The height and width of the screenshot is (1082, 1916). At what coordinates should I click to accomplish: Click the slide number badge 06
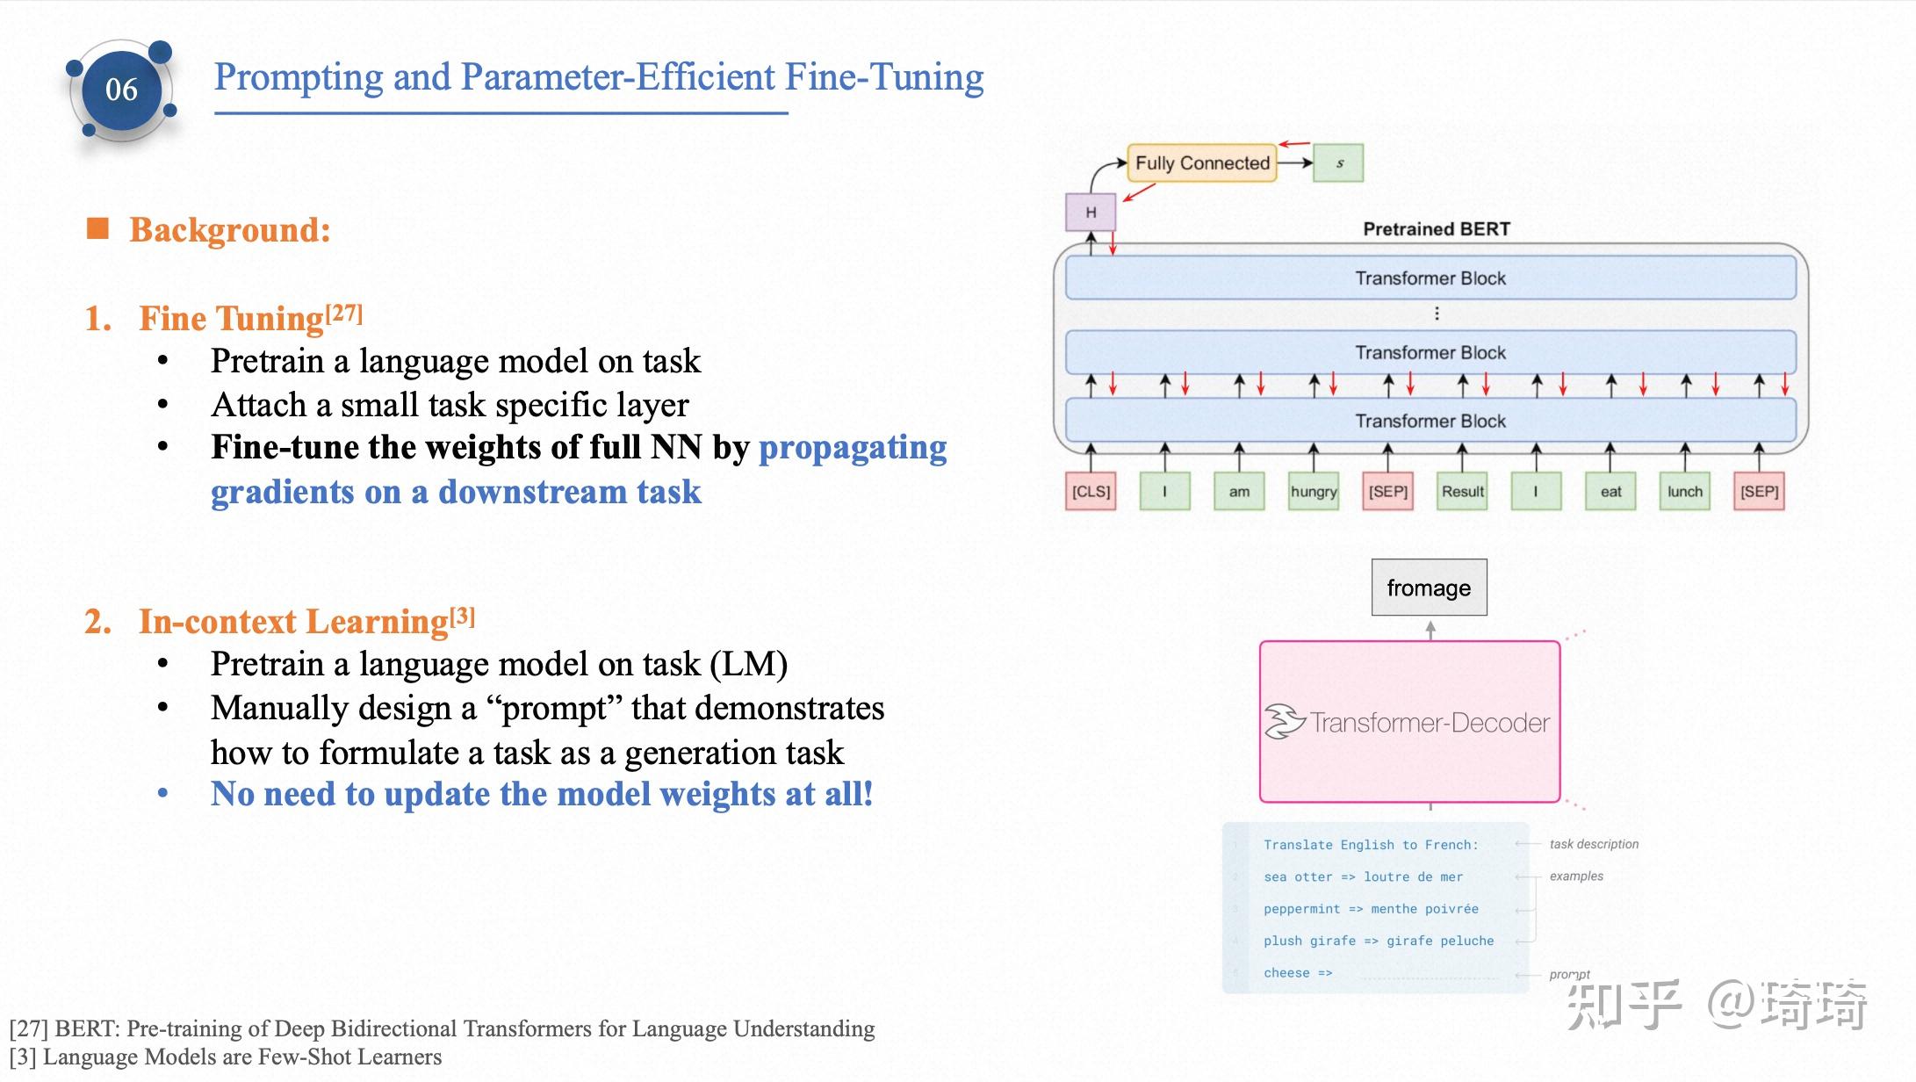click(x=121, y=90)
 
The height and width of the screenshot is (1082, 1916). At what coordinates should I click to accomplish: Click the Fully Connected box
click(x=1201, y=163)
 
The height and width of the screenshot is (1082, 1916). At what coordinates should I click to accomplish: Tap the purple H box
click(x=1091, y=213)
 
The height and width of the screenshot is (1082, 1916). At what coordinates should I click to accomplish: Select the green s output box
click(x=1338, y=163)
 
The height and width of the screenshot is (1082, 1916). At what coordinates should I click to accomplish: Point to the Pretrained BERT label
click(x=1436, y=229)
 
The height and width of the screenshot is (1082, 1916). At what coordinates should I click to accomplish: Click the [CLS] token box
click(x=1091, y=492)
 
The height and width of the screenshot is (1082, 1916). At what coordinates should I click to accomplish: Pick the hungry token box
click(x=1314, y=492)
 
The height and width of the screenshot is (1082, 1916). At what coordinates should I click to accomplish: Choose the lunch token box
click(x=1684, y=492)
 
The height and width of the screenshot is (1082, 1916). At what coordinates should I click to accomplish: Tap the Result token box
click(x=1462, y=492)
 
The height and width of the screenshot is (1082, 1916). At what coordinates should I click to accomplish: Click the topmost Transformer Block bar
click(x=1430, y=278)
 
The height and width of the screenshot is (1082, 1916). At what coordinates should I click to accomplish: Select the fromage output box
click(x=1429, y=588)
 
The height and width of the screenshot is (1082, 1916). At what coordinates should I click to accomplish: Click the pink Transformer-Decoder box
click(x=1409, y=722)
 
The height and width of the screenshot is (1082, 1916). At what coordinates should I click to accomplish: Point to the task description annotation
click(x=1593, y=844)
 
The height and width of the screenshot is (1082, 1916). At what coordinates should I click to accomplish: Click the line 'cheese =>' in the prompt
click(x=1297, y=973)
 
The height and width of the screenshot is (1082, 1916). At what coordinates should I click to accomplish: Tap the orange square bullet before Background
click(x=97, y=229)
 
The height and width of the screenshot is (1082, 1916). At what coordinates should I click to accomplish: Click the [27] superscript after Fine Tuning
click(x=344, y=313)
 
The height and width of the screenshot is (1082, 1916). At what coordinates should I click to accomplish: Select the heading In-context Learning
click(x=293, y=622)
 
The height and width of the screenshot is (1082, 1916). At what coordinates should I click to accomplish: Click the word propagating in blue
click(x=852, y=448)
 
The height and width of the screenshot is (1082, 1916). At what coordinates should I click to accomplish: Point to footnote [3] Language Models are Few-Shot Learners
click(x=226, y=1057)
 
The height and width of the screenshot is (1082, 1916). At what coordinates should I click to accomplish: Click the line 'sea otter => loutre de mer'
click(x=1363, y=876)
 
